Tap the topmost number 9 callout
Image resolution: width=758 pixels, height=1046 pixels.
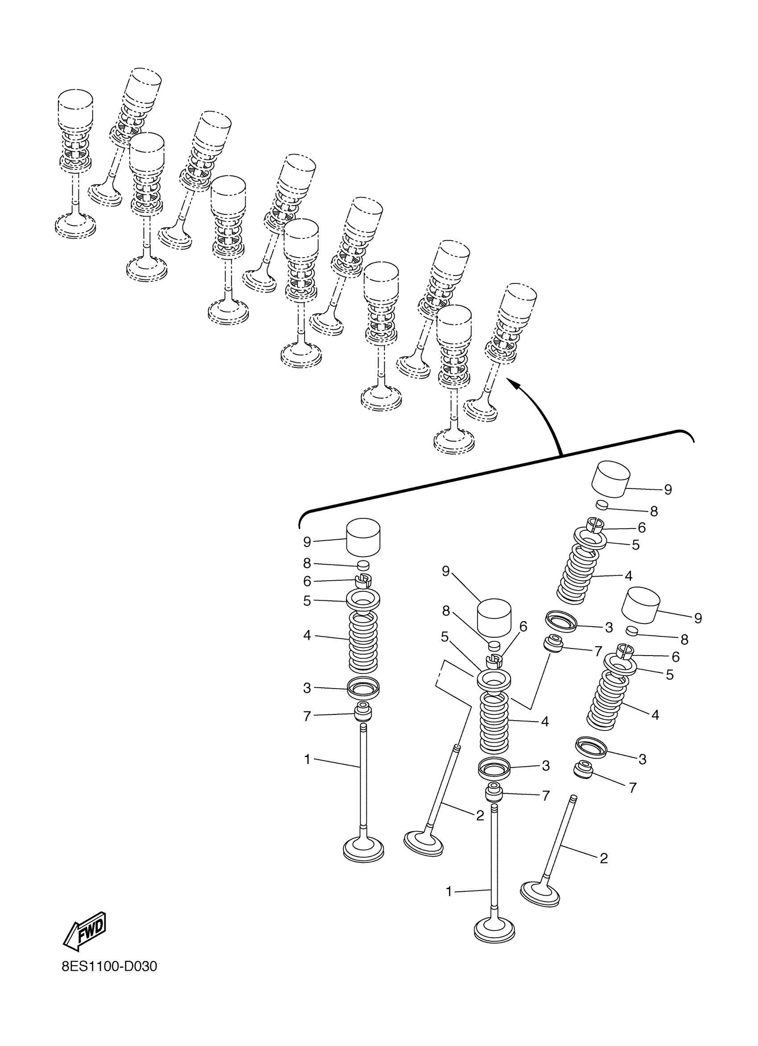click(667, 489)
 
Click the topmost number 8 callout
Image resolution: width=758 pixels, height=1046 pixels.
click(653, 511)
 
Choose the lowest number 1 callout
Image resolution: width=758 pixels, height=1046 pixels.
click(449, 891)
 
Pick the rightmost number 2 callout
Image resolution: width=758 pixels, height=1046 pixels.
click(603, 858)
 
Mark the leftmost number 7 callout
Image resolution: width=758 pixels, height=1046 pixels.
click(307, 716)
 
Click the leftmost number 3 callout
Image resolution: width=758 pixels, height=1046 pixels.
click(307, 688)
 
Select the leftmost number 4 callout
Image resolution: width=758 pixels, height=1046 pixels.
click(307, 635)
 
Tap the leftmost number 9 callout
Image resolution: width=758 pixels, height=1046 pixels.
click(307, 542)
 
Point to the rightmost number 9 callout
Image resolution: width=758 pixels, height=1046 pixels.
click(697, 618)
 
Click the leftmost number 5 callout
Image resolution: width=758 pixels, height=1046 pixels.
click(307, 601)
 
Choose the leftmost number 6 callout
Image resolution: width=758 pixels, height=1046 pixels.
click(307, 581)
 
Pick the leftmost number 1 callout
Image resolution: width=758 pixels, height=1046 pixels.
click(307, 759)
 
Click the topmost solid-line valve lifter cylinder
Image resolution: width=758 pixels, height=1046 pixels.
click(611, 479)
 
